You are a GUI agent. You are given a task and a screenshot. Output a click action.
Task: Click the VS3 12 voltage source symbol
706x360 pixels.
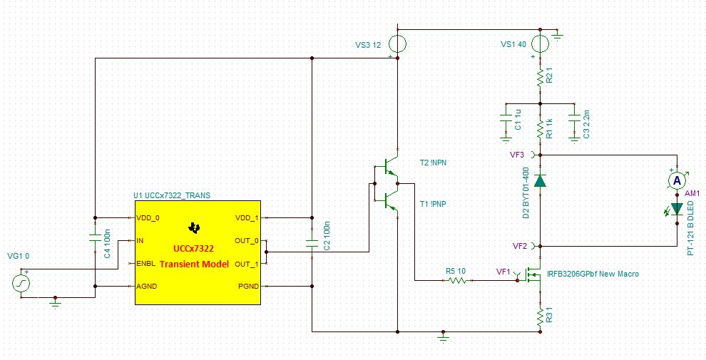point(398,44)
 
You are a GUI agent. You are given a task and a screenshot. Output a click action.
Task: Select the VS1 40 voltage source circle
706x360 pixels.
point(541,44)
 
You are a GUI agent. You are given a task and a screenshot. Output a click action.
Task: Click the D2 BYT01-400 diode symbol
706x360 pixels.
point(541,181)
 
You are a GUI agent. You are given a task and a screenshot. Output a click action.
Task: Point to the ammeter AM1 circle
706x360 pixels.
point(677,181)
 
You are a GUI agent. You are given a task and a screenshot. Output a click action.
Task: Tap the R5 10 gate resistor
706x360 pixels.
point(456,281)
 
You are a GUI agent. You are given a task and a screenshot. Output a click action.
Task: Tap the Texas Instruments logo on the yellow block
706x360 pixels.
point(193,228)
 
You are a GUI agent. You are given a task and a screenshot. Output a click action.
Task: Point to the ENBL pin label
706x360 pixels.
point(148,263)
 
